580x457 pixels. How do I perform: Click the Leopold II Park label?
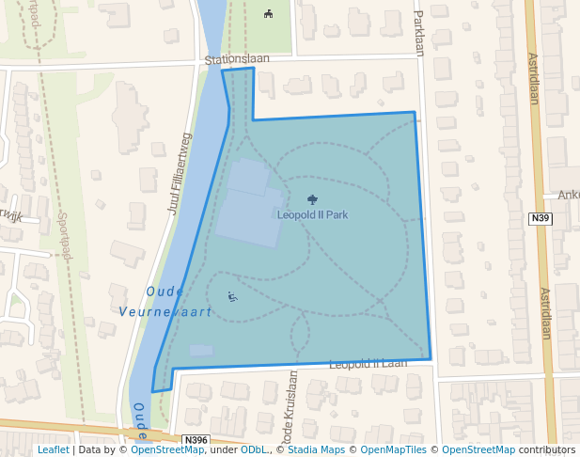[x=312, y=214]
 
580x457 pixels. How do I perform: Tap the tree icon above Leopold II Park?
[x=312, y=199]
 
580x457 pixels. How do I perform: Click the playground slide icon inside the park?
[x=232, y=297]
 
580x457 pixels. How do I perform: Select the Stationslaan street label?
[x=238, y=59]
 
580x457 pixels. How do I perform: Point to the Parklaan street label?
[x=418, y=33]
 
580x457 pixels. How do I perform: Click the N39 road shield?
[x=540, y=219]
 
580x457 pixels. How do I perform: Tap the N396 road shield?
[x=195, y=440]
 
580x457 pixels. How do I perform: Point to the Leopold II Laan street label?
[x=368, y=363]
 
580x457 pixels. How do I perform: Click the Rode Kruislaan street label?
[x=292, y=406]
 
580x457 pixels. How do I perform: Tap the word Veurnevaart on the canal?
[x=165, y=310]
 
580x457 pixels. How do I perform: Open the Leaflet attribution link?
[x=54, y=449]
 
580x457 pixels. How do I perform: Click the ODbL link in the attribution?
[x=254, y=449]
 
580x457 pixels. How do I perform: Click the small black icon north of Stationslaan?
[x=269, y=13]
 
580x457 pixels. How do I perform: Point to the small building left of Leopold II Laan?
[x=201, y=351]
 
